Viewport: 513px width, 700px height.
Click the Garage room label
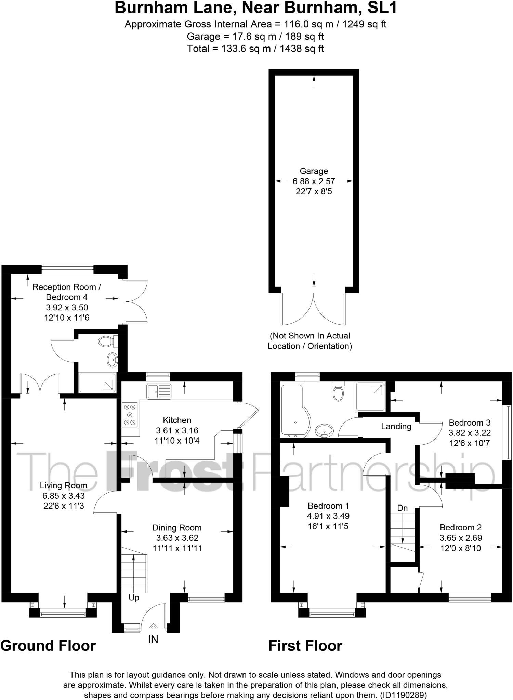314,171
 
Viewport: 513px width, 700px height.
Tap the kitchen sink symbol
159,391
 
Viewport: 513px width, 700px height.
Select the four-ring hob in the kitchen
130,415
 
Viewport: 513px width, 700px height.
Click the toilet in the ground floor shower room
106,341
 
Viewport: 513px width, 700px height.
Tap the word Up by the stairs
134,597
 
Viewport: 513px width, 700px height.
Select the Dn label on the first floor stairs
403,508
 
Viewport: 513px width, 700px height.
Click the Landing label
396,426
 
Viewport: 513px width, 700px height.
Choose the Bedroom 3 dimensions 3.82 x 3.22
470,433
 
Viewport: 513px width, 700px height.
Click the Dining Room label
177,528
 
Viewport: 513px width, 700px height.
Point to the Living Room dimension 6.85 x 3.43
64,496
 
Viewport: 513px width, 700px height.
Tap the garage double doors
313,309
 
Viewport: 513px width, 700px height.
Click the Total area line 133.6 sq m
255,49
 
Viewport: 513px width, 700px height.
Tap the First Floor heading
305,646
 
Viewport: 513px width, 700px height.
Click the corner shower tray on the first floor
370,396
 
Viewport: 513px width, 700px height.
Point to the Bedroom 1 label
328,506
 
